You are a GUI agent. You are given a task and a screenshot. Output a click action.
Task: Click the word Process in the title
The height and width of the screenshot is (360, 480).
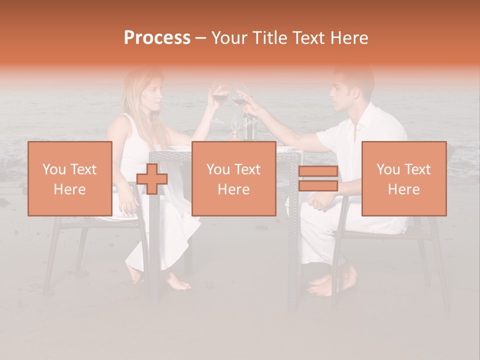[x=157, y=37]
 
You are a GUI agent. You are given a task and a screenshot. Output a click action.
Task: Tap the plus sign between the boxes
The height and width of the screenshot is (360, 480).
[x=152, y=179]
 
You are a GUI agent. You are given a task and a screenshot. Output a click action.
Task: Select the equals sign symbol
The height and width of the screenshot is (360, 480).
[x=318, y=179]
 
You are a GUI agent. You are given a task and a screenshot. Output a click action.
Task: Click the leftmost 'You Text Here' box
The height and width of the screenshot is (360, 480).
[x=70, y=179]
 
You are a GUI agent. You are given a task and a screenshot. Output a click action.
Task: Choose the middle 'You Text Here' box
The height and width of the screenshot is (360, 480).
[x=234, y=179]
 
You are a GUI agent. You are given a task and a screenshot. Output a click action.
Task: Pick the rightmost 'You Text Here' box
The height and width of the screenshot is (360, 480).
[x=404, y=179]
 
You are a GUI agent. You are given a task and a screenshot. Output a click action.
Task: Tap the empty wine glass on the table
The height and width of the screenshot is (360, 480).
[x=235, y=125]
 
